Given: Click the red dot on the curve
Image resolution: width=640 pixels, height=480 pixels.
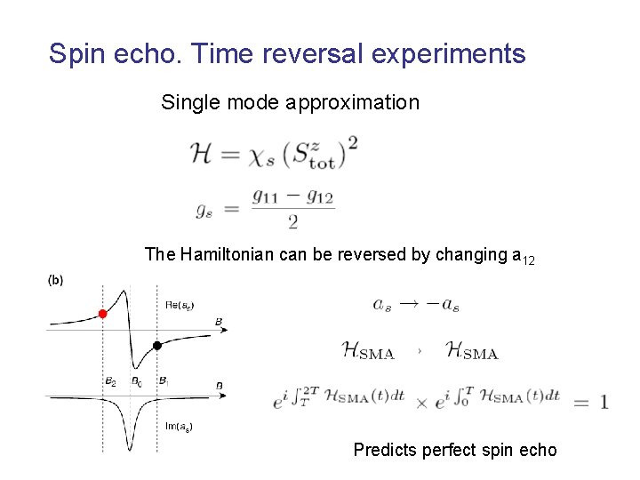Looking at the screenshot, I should (x=103, y=314).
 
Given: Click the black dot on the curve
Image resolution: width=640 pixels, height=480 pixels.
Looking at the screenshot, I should (x=156, y=346).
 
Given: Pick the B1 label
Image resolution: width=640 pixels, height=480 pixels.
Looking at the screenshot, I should (x=164, y=380).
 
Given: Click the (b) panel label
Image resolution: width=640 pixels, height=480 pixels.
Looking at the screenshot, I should (x=55, y=280).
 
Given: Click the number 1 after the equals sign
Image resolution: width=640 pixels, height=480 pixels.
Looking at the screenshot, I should (x=604, y=402).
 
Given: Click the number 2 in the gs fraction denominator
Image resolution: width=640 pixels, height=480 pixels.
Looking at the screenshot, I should (x=292, y=222).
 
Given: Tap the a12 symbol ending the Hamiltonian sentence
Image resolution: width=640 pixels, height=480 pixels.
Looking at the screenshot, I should (x=524, y=256).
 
